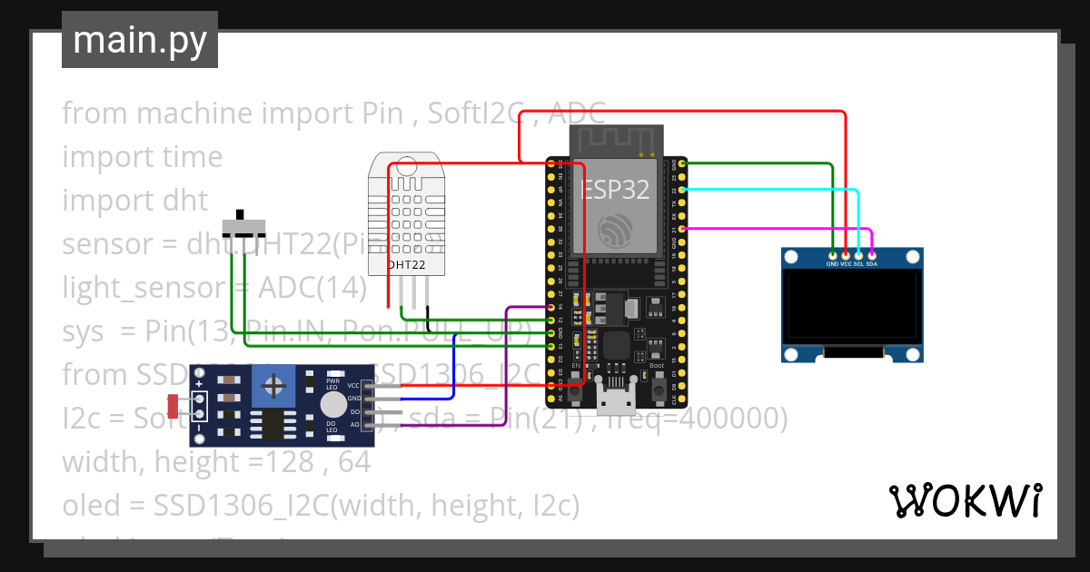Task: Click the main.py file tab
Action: pyautogui.click(x=139, y=40)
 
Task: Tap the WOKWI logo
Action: pyautogui.click(x=964, y=500)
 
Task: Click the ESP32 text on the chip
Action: pyautogui.click(x=615, y=191)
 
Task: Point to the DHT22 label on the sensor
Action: pyautogui.click(x=405, y=265)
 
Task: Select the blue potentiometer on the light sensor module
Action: pyautogui.click(x=272, y=389)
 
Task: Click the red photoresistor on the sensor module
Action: pyautogui.click(x=173, y=406)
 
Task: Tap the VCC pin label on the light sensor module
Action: pyautogui.click(x=353, y=386)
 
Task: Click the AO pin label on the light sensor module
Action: pyautogui.click(x=354, y=424)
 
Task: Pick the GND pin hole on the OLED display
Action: pyautogui.click(x=833, y=255)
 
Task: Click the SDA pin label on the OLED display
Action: pyautogui.click(x=872, y=264)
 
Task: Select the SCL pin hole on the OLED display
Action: pyautogui.click(x=858, y=255)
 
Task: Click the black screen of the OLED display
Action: pyautogui.click(x=852, y=306)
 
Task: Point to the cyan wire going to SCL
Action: pyautogui.click(x=772, y=189)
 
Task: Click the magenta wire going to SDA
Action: pyautogui.click(x=772, y=230)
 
